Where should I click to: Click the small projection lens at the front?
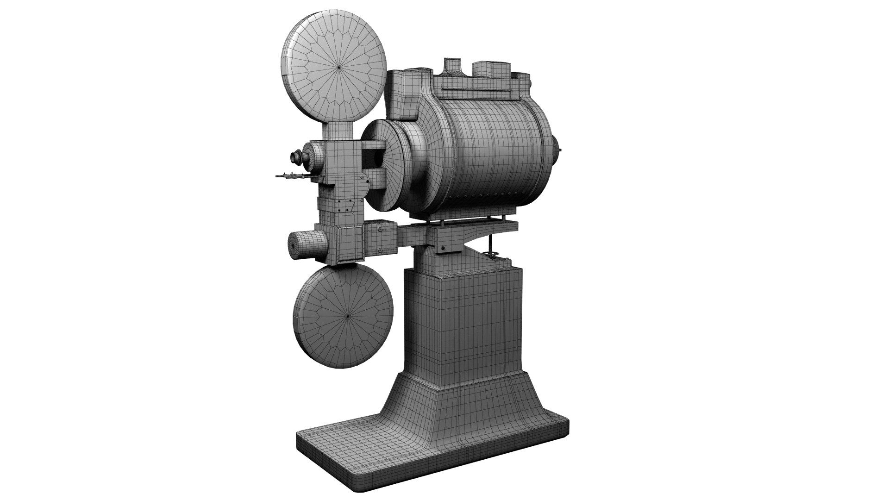[294, 157]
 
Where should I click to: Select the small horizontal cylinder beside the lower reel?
[303, 245]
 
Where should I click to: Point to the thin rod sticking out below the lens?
[292, 176]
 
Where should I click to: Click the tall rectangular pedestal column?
[463, 324]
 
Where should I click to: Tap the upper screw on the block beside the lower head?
[380, 228]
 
